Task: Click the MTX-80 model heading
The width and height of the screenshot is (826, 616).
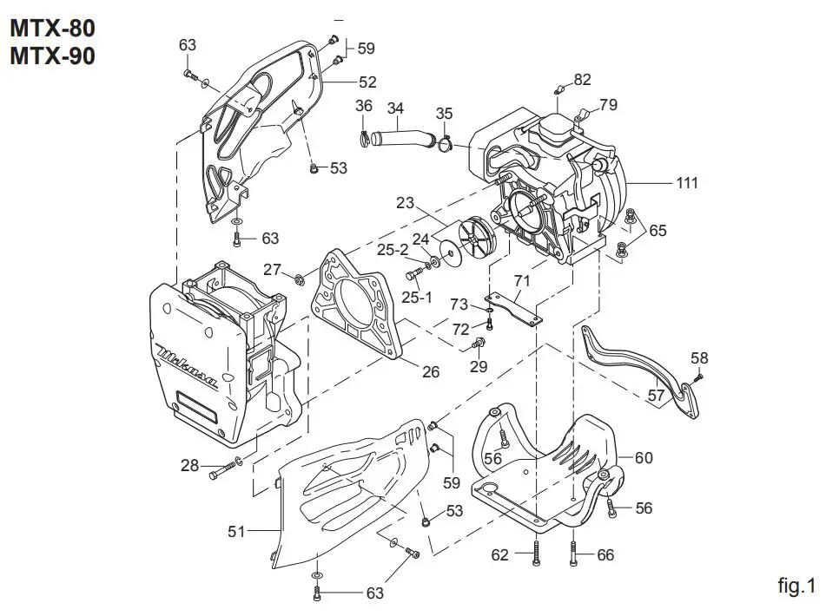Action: click(52, 28)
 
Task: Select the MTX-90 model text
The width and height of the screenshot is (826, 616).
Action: click(52, 56)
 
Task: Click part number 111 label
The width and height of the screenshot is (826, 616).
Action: click(688, 183)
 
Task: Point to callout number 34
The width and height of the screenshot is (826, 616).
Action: click(395, 108)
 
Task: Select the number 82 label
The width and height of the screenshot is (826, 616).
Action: click(582, 80)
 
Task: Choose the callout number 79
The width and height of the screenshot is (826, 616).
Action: click(608, 105)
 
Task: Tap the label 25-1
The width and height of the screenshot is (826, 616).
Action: click(417, 298)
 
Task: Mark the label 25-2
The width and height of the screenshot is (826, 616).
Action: click(393, 250)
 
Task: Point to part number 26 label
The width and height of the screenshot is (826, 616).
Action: click(430, 372)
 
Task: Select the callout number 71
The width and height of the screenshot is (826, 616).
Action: click(521, 280)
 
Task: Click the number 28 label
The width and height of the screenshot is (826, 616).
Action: click(190, 466)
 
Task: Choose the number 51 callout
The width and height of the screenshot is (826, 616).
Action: click(237, 531)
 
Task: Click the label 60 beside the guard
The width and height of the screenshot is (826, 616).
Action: click(643, 457)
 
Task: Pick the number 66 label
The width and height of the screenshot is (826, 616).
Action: click(605, 555)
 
